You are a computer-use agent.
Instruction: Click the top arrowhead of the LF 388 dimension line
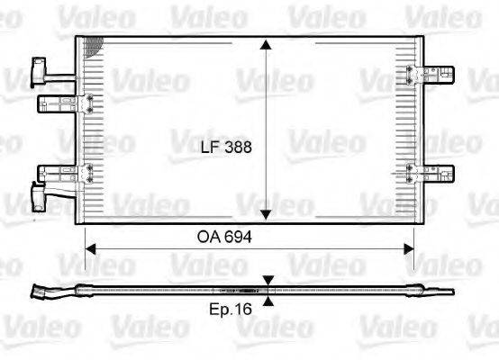tap(266, 43)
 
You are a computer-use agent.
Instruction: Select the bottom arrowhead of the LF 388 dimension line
tap(266, 215)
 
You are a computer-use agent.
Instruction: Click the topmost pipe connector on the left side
tap(41, 67)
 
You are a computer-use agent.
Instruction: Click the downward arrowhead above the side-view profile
tap(268, 282)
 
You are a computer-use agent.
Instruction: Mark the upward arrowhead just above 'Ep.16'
tap(268, 301)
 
